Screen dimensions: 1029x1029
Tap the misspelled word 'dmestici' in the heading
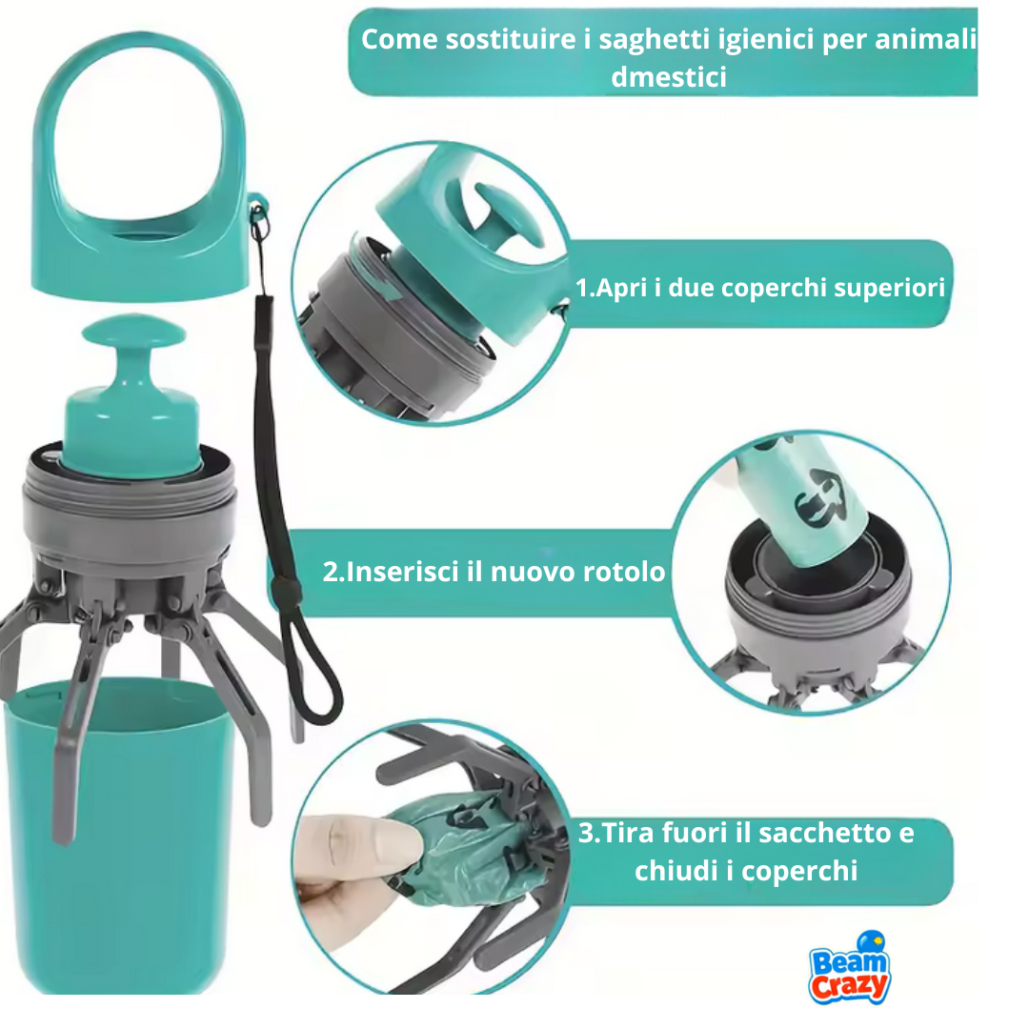669,76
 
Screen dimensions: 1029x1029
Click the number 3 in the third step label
586,833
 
